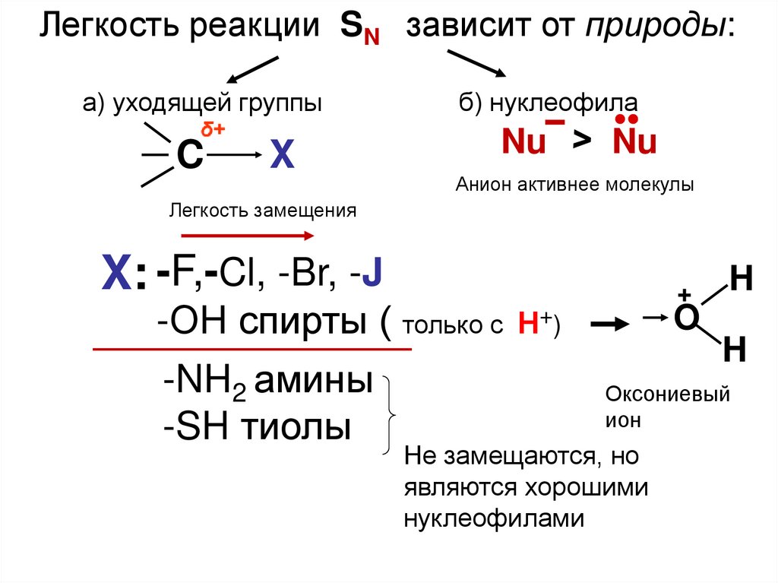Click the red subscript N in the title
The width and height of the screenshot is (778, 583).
tap(370, 39)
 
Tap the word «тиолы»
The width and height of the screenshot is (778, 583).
tap(296, 428)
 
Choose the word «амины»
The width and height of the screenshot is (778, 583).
tap(312, 381)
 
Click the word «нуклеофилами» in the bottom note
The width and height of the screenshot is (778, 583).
tap(494, 518)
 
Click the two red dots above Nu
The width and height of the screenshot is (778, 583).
tap(627, 120)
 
